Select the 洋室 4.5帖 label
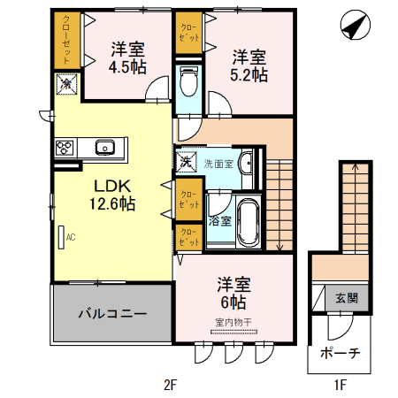127,57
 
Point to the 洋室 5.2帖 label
249,65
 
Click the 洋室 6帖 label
235,293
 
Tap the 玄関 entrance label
346,299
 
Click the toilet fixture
188,83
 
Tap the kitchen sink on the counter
103,147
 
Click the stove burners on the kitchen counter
65,147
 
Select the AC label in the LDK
67,237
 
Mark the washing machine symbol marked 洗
187,161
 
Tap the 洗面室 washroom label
219,164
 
